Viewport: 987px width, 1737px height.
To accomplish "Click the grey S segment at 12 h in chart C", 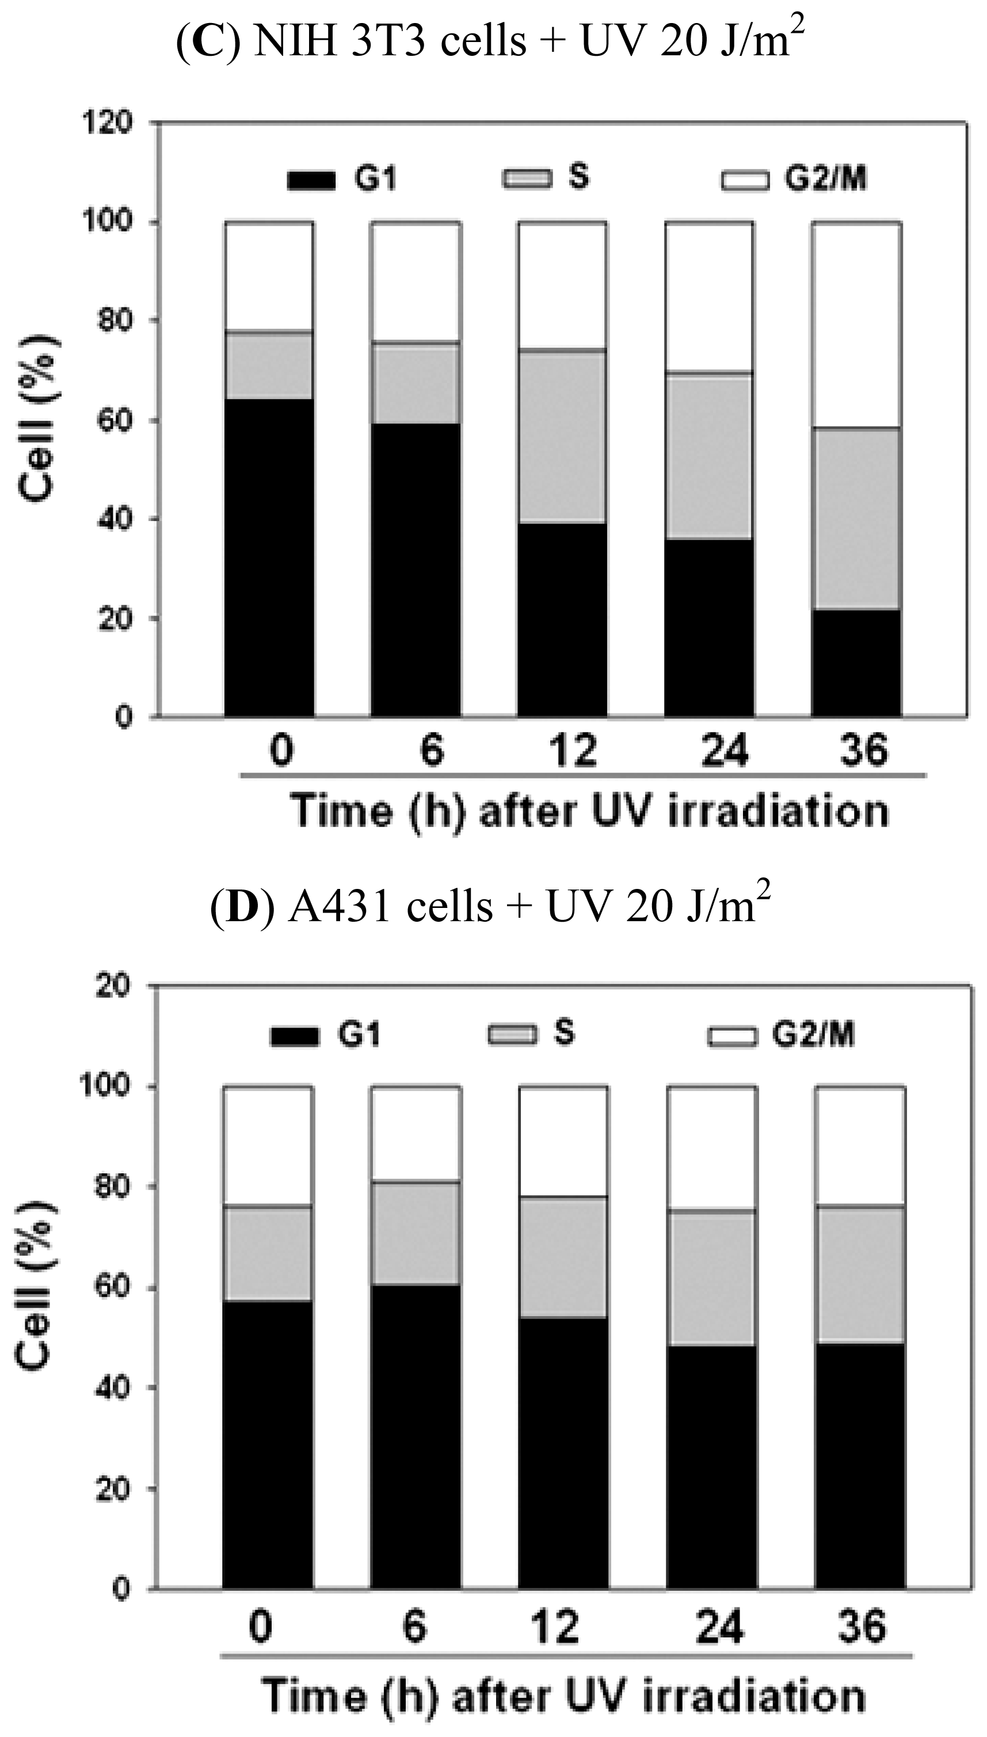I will (x=562, y=436).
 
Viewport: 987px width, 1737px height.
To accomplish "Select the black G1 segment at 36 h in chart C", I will (x=857, y=663).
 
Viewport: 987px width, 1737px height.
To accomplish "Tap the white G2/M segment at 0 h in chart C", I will (x=269, y=276).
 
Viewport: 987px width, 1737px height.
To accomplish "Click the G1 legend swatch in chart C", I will (x=311, y=180).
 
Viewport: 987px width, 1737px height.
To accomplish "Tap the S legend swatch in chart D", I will (x=512, y=1035).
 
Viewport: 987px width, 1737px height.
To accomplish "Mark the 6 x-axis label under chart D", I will (x=414, y=1627).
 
